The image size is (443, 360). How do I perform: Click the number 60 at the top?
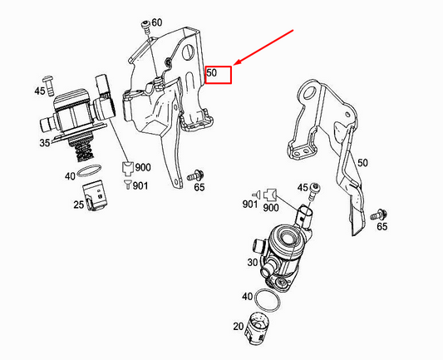tap(157, 22)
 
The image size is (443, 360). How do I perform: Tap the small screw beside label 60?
tap(146, 27)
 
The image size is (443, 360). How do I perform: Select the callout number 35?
tap(45, 143)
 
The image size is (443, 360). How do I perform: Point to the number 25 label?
tap(78, 205)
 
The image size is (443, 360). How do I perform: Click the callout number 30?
tap(253, 263)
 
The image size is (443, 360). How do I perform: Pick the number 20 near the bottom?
tap(239, 327)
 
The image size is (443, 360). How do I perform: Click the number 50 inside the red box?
tap(212, 72)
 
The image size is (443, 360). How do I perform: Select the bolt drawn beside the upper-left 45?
tap(48, 86)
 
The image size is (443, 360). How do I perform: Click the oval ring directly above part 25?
tap(89, 170)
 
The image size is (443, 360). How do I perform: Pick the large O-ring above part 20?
tap(268, 301)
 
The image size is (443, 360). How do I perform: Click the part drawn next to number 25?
tap(94, 195)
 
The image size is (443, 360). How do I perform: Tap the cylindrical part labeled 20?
tap(258, 328)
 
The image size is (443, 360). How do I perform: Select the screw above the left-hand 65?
tap(196, 175)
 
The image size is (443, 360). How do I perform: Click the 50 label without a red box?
tap(362, 163)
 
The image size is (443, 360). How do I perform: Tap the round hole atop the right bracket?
tap(309, 94)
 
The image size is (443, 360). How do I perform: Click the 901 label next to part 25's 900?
tap(140, 186)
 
